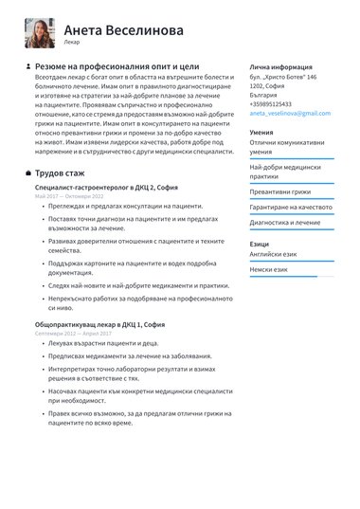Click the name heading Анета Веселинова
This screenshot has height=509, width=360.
123,29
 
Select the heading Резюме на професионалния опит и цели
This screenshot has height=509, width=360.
117,67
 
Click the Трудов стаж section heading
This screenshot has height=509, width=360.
61,173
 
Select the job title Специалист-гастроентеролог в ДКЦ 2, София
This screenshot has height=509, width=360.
105,188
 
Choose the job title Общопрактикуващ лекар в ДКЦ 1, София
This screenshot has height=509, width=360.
100,325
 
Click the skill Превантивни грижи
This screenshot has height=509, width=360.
279,191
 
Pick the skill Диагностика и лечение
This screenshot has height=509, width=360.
284,222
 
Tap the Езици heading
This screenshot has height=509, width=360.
260,245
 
